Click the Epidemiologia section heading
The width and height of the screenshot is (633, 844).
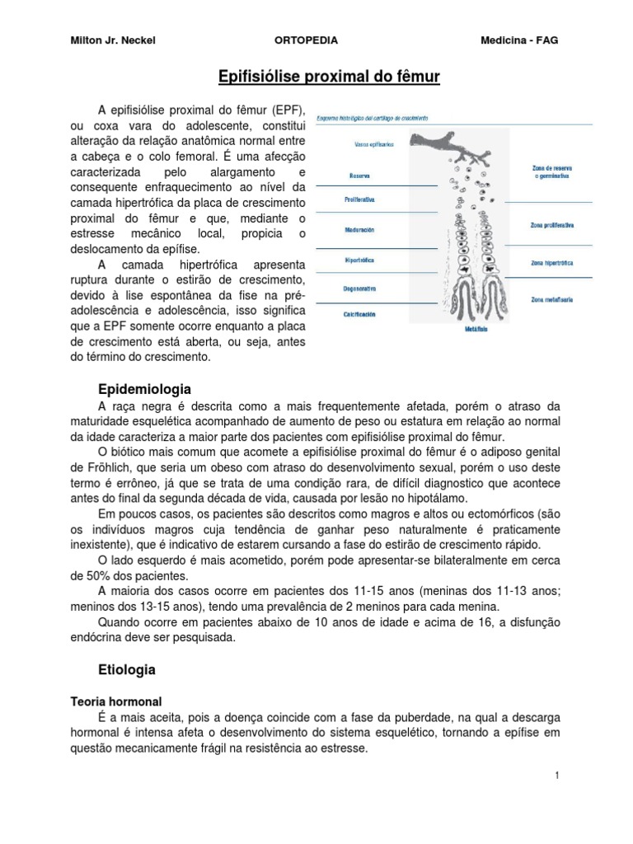pos(144,388)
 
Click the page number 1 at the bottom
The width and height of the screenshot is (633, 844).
pos(558,776)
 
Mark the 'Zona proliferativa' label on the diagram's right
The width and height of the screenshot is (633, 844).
pos(552,225)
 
